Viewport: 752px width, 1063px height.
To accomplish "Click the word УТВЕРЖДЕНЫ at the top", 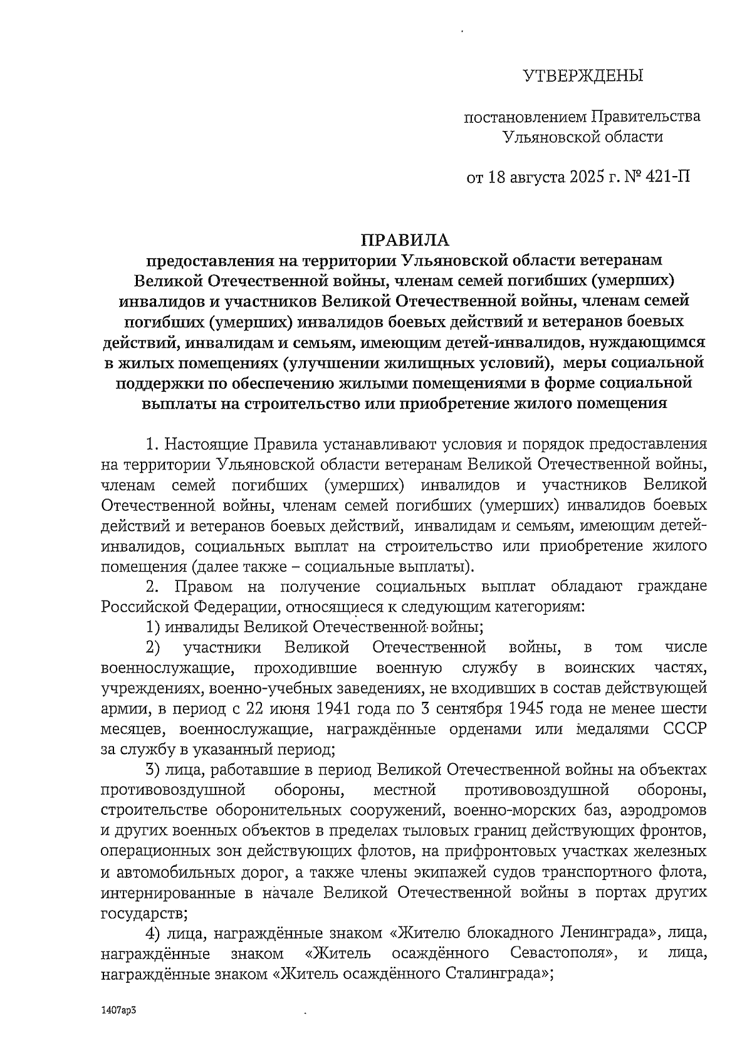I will tap(583, 76).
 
